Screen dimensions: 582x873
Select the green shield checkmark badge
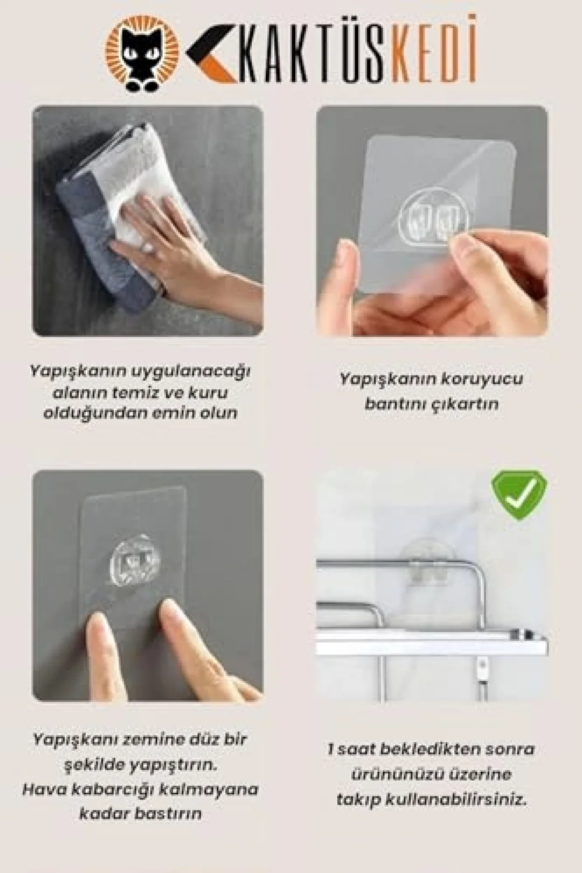coord(519,497)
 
